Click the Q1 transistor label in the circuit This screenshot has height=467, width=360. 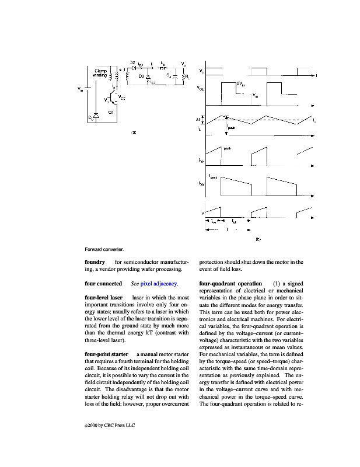pos(110,112)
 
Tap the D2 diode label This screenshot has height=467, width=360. pos(132,63)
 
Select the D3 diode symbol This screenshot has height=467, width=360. pos(148,76)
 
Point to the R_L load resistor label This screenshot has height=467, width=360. pos(187,76)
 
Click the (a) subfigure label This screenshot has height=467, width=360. pos(133,133)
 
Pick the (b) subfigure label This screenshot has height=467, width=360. pos(257,239)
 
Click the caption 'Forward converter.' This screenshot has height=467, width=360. pos(104,250)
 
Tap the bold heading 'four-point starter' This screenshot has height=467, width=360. pos(106,354)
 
